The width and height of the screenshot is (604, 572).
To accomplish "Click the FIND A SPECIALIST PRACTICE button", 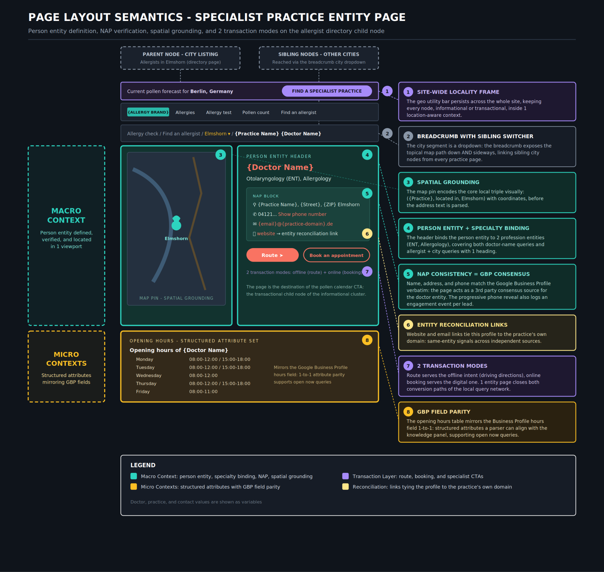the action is coord(326,91).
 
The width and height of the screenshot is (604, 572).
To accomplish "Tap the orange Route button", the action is coord(272,255).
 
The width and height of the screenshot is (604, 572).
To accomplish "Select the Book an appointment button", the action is coord(336,255).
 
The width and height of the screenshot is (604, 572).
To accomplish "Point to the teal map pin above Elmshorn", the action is coord(176,223).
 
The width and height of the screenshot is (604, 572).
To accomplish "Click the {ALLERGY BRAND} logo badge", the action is coord(148,112).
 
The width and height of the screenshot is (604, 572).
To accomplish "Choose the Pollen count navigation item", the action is coord(255,112).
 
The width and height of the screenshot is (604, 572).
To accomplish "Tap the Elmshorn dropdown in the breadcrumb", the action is coord(217,134).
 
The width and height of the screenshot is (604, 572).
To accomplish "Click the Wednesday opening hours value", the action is coord(203,375).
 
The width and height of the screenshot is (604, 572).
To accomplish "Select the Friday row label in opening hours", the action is coord(143,391).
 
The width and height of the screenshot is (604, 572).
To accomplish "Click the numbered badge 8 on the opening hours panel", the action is coord(367,340).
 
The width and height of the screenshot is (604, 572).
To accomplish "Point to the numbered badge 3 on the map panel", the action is coord(220,155).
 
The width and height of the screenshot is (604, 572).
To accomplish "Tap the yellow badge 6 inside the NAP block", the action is coord(367,234).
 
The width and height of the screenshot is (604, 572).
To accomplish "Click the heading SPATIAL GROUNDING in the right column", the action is coord(448,182).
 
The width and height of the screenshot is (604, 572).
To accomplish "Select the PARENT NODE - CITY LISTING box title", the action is coord(180,54).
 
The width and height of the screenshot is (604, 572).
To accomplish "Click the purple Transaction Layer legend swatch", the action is coord(345,476).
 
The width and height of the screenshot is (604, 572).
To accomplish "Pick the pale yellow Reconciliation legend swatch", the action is coord(345,487).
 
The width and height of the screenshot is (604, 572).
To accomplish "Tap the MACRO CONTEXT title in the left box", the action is coord(66,215).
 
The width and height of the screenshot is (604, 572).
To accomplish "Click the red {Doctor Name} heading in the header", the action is coord(280,167).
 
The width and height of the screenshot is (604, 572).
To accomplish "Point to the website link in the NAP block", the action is coord(265,234).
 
